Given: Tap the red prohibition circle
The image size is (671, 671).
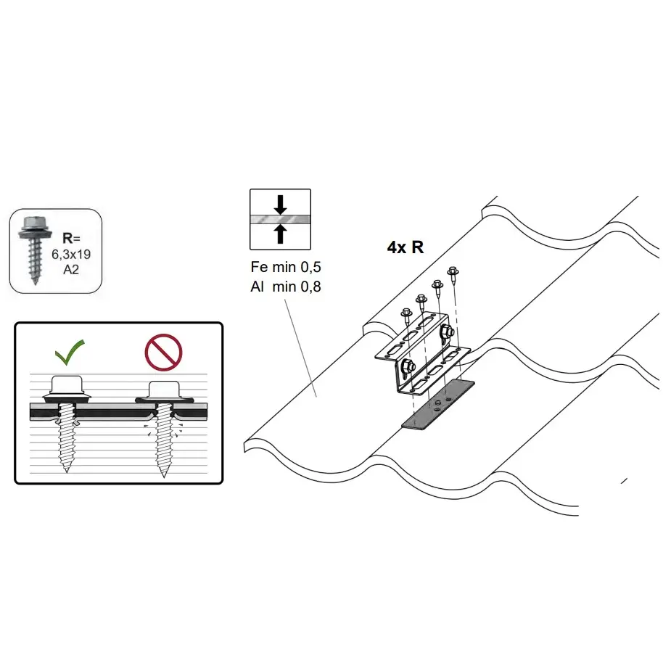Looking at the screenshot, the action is click(163, 353).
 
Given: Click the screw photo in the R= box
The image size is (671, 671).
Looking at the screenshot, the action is click(35, 250).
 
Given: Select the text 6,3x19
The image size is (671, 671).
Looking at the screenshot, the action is click(71, 254).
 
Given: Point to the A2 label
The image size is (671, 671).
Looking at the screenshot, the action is click(71, 270).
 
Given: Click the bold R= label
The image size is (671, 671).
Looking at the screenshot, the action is click(71, 238).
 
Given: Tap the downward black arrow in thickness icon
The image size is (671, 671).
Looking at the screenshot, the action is click(280, 205).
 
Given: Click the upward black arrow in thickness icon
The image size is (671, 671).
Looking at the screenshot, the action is click(280, 234).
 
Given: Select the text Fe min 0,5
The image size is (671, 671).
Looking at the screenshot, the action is click(286, 267).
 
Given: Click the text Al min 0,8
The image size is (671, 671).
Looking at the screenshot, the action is click(286, 287).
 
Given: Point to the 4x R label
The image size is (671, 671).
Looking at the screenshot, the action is click(406, 247).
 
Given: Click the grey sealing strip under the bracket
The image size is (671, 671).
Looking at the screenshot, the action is click(437, 404).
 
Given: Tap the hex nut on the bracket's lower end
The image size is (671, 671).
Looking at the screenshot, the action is click(408, 366).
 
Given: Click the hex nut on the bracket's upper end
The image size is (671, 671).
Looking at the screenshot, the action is click(446, 331).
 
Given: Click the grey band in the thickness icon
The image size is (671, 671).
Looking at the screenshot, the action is click(280, 220).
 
